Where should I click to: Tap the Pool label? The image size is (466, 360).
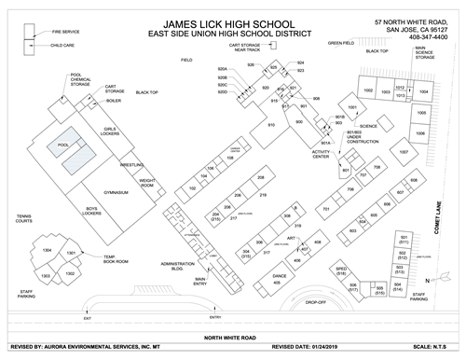pyautogui.click(x=63, y=145)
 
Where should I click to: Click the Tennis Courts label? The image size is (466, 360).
pyautogui.click(x=24, y=219)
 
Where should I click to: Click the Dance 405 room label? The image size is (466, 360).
pyautogui.click(x=280, y=278)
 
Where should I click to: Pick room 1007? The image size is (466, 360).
pyautogui.click(x=404, y=151)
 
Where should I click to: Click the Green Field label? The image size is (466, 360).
pyautogui.click(x=340, y=43)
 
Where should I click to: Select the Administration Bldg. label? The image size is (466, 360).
pyautogui.click(x=177, y=267)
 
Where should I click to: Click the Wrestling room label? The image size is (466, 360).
pyautogui.click(x=131, y=165)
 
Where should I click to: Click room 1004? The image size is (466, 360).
pyautogui.click(x=423, y=93)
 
